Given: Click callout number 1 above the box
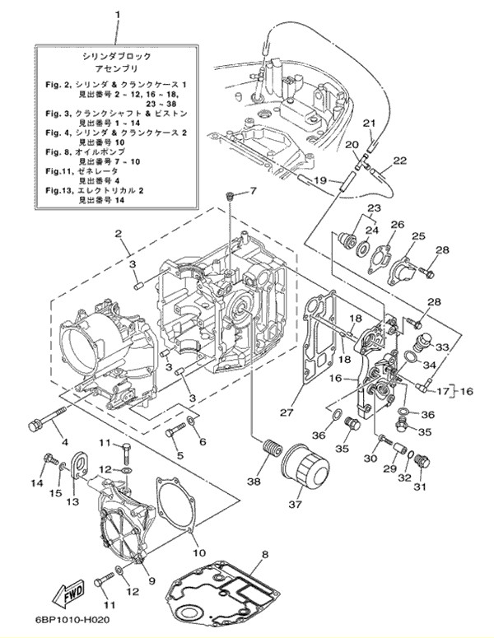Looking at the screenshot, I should [x=117, y=15].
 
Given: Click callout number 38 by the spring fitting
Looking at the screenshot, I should [x=254, y=482].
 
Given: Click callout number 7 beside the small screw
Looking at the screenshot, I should [x=254, y=192].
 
